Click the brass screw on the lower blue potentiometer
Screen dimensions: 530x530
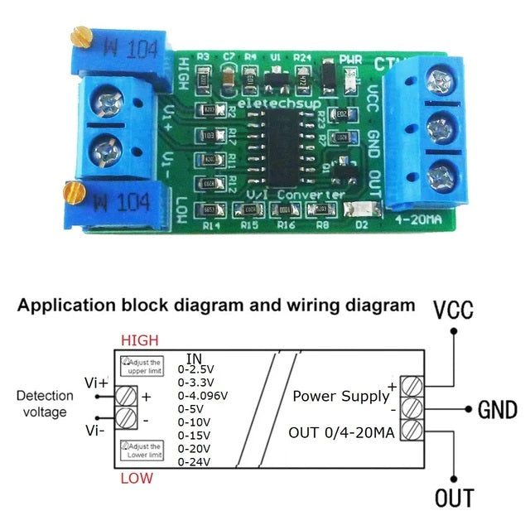[71, 195]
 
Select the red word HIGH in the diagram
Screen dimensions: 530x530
[139, 340]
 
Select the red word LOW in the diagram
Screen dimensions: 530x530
[137, 478]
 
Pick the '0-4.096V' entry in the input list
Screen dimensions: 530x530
[205, 395]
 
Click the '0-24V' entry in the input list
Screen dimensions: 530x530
[196, 461]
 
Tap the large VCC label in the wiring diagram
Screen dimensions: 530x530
[454, 311]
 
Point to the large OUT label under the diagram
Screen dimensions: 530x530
[455, 498]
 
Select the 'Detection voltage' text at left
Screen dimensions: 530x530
[46, 403]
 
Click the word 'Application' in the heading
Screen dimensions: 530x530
[67, 305]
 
